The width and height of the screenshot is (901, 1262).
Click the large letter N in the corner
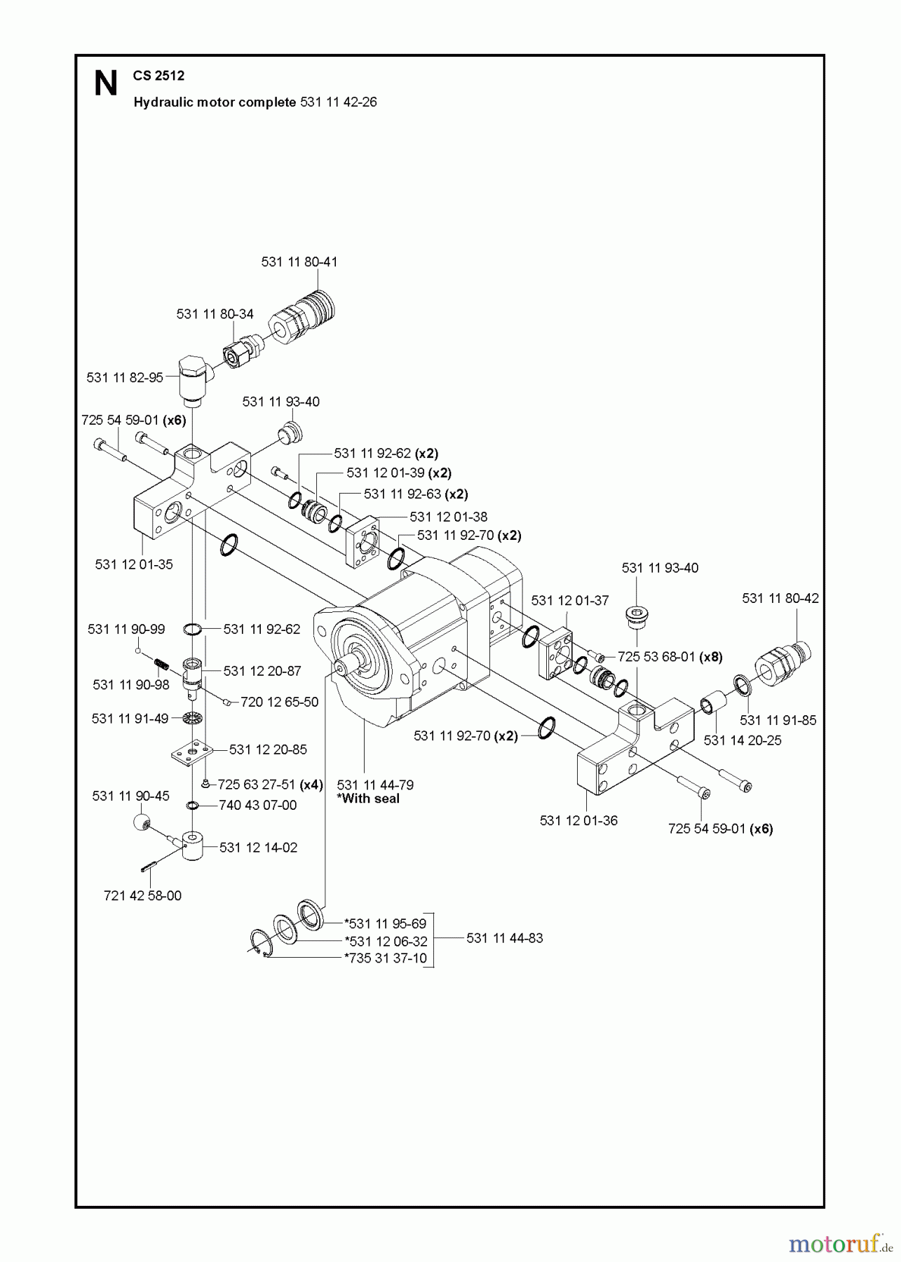[x=106, y=84]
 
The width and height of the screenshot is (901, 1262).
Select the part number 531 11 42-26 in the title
[x=338, y=102]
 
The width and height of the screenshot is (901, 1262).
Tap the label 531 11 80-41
[x=299, y=262]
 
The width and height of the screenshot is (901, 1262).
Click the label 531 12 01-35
[x=134, y=564]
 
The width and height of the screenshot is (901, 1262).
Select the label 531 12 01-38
[x=448, y=517]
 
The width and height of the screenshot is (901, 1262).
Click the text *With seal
[x=368, y=799]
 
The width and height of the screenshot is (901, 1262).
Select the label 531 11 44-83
[x=504, y=938]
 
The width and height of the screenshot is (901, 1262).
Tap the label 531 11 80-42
[x=780, y=598]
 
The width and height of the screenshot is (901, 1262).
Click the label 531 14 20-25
[x=743, y=740]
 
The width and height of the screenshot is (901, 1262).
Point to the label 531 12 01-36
[x=578, y=820]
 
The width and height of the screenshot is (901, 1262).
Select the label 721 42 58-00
[x=142, y=896]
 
